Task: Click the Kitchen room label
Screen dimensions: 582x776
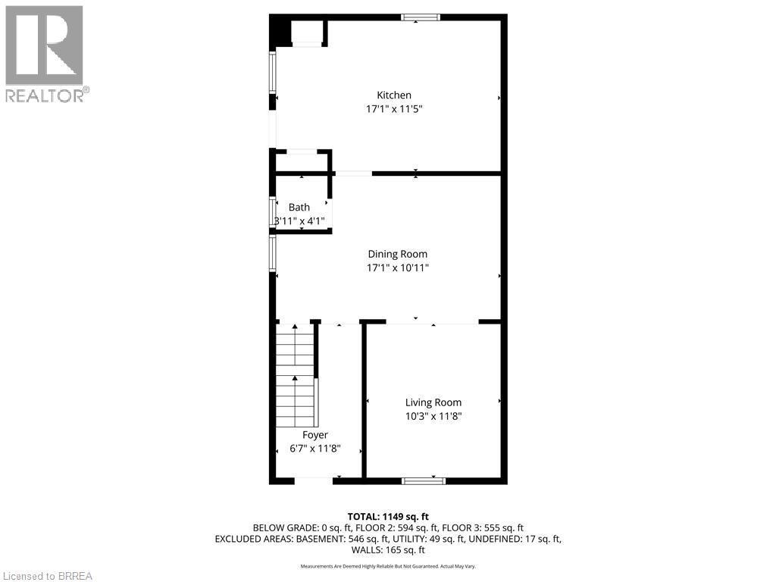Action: pyautogui.click(x=394, y=95)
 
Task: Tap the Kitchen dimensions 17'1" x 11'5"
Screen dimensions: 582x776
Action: pyautogui.click(x=394, y=108)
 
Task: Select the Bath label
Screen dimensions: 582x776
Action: pyautogui.click(x=299, y=207)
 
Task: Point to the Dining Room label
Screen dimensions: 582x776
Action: pyautogui.click(x=398, y=254)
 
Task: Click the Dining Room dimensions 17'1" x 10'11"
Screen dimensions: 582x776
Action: pyautogui.click(x=398, y=268)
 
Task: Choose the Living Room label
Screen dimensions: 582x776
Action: pyautogui.click(x=433, y=402)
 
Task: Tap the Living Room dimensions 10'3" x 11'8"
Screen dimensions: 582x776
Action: pyautogui.click(x=433, y=416)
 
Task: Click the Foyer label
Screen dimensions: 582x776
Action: pyautogui.click(x=315, y=435)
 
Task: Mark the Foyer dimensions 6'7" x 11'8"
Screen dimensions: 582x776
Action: pyautogui.click(x=315, y=448)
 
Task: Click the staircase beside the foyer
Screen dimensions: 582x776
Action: pyautogui.click(x=295, y=371)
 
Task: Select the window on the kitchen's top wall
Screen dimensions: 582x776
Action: pyautogui.click(x=421, y=17)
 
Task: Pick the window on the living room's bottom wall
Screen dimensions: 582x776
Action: pyautogui.click(x=424, y=480)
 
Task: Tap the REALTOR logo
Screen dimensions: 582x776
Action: pyautogui.click(x=45, y=53)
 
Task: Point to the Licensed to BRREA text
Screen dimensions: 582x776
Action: pyautogui.click(x=47, y=575)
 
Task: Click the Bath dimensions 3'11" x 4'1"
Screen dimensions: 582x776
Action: pyautogui.click(x=299, y=221)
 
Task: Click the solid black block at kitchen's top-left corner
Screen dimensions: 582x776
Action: pyautogui.click(x=280, y=32)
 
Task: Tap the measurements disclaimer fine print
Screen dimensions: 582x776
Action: pyautogui.click(x=387, y=566)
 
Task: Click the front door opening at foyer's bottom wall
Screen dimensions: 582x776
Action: pyautogui.click(x=313, y=479)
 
